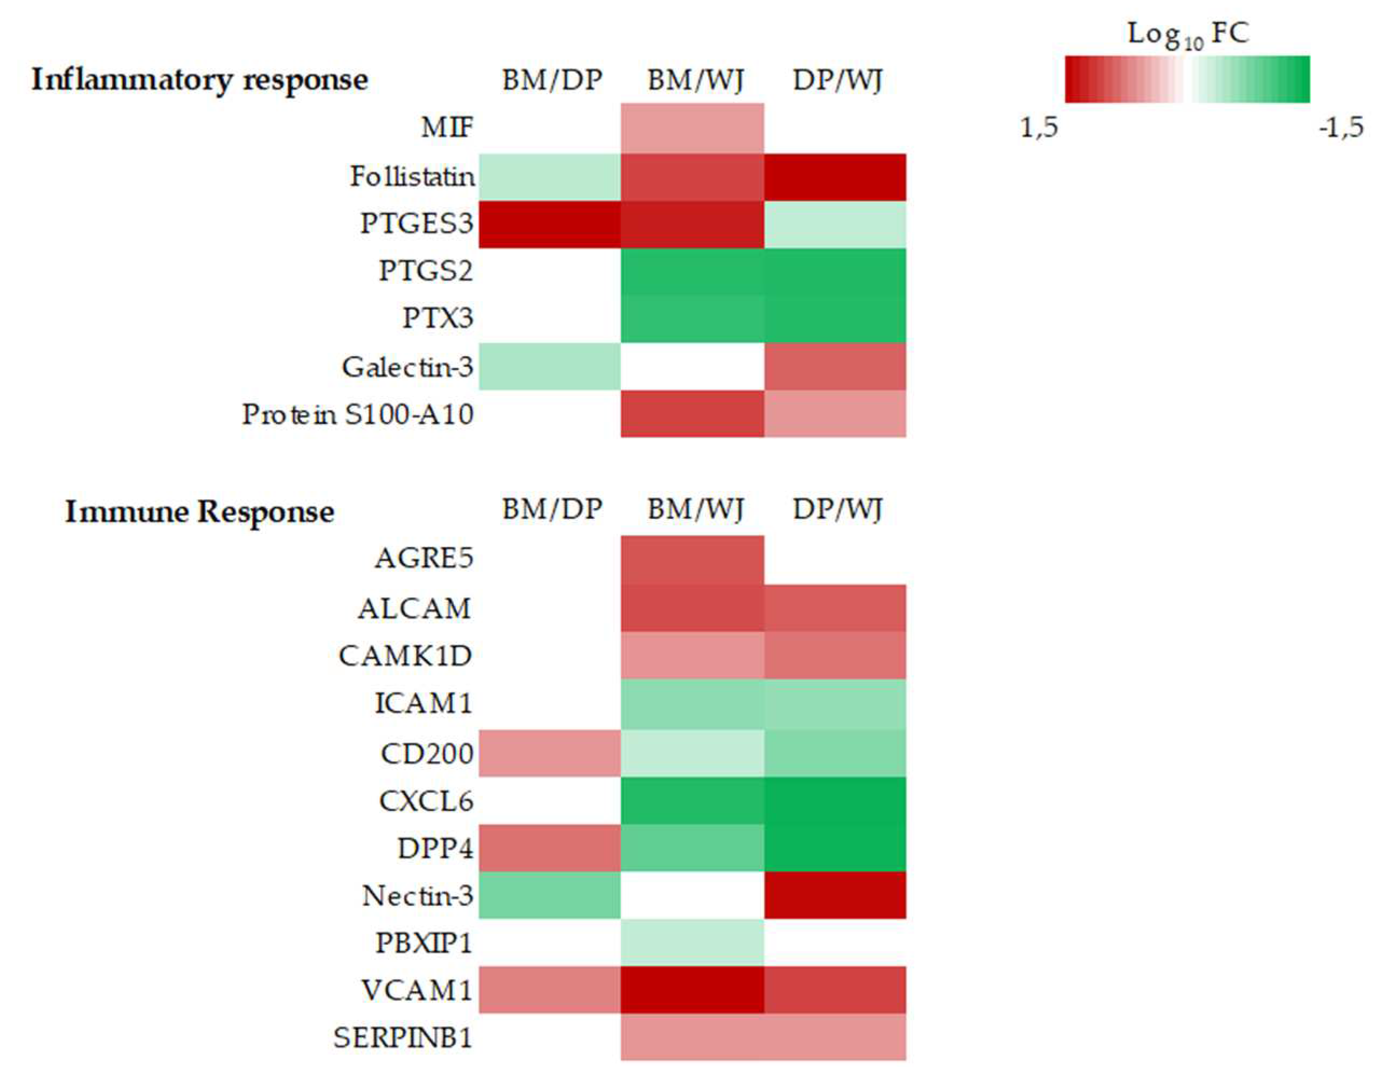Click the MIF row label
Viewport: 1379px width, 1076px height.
447,128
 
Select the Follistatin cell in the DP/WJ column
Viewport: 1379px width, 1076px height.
835,177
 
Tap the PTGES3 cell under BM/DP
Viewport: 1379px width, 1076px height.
549,224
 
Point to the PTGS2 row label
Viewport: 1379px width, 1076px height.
426,271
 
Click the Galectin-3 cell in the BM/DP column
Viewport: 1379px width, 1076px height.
549,366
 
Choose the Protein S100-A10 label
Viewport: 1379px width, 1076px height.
358,415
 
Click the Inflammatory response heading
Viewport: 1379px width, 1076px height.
199,80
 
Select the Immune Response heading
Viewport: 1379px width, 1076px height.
199,511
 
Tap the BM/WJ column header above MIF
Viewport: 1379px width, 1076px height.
695,80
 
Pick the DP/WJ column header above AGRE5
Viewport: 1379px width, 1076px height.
837,509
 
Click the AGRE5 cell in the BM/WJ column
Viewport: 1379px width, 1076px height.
692,559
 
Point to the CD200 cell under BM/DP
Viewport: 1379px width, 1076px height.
549,753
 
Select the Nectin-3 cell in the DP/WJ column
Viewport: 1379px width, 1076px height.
835,895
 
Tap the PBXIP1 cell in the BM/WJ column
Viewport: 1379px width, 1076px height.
692,942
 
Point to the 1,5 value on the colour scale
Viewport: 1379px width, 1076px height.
1038,128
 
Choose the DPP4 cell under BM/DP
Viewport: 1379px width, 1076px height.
549,848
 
